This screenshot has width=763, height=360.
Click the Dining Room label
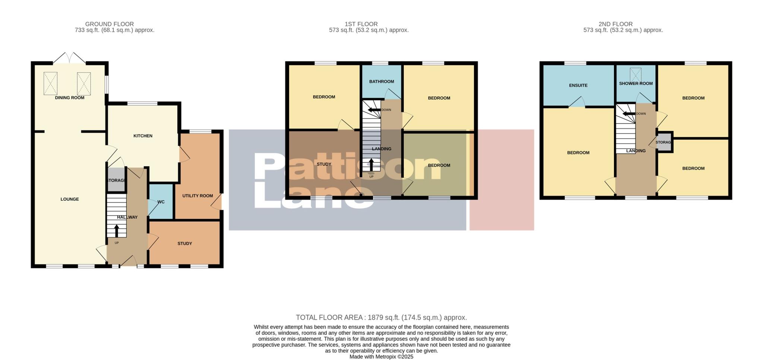coord(70,98)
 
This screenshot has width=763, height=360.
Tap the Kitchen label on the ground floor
coord(143,136)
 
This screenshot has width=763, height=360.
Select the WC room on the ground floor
coord(161,202)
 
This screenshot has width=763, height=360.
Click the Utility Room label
coord(197,196)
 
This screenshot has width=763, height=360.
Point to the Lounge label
coord(70,199)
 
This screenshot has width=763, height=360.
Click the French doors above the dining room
coord(69,58)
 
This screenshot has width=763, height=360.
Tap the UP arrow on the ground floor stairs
coord(116,231)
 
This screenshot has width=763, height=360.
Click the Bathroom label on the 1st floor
coord(381,82)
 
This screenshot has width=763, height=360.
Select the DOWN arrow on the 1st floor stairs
coord(374,110)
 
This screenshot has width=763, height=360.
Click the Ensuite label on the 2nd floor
coord(578,85)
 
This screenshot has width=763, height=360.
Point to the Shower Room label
coord(636,83)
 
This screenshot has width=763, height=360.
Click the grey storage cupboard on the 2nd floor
coord(664,142)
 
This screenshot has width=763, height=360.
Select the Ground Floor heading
coord(109,24)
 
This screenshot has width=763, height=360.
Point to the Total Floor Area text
coord(381,318)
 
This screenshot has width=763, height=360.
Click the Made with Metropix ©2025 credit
coord(381,357)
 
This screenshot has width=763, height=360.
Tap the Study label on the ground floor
coord(184,243)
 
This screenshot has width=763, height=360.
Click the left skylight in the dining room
coord(51,83)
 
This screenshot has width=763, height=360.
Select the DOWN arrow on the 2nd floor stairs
coord(629,114)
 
